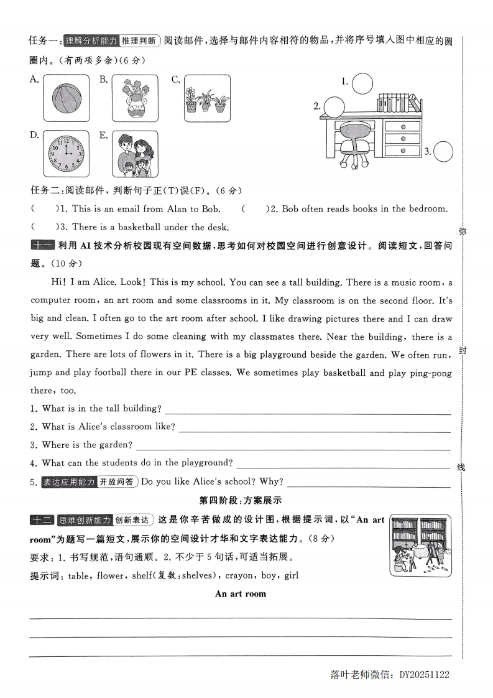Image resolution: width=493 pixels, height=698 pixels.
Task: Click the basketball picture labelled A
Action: [x=65, y=98]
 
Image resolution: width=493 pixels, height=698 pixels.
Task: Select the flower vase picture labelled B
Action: [x=135, y=98]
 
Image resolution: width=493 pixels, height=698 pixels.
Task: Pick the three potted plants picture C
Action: [x=207, y=98]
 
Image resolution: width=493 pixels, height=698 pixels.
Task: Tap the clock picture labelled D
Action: [x=65, y=154]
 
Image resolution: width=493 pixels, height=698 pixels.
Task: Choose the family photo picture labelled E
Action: [x=135, y=154]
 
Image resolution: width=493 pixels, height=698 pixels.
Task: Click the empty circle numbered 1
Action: [x=362, y=82]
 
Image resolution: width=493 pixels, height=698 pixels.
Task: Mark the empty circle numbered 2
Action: [x=333, y=106]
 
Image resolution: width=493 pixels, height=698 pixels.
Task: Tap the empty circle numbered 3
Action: [x=443, y=151]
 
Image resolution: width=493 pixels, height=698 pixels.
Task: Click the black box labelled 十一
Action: [x=42, y=245]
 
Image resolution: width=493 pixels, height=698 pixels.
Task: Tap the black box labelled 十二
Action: [x=42, y=520]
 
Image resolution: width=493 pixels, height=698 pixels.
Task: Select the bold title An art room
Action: [x=240, y=593]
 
